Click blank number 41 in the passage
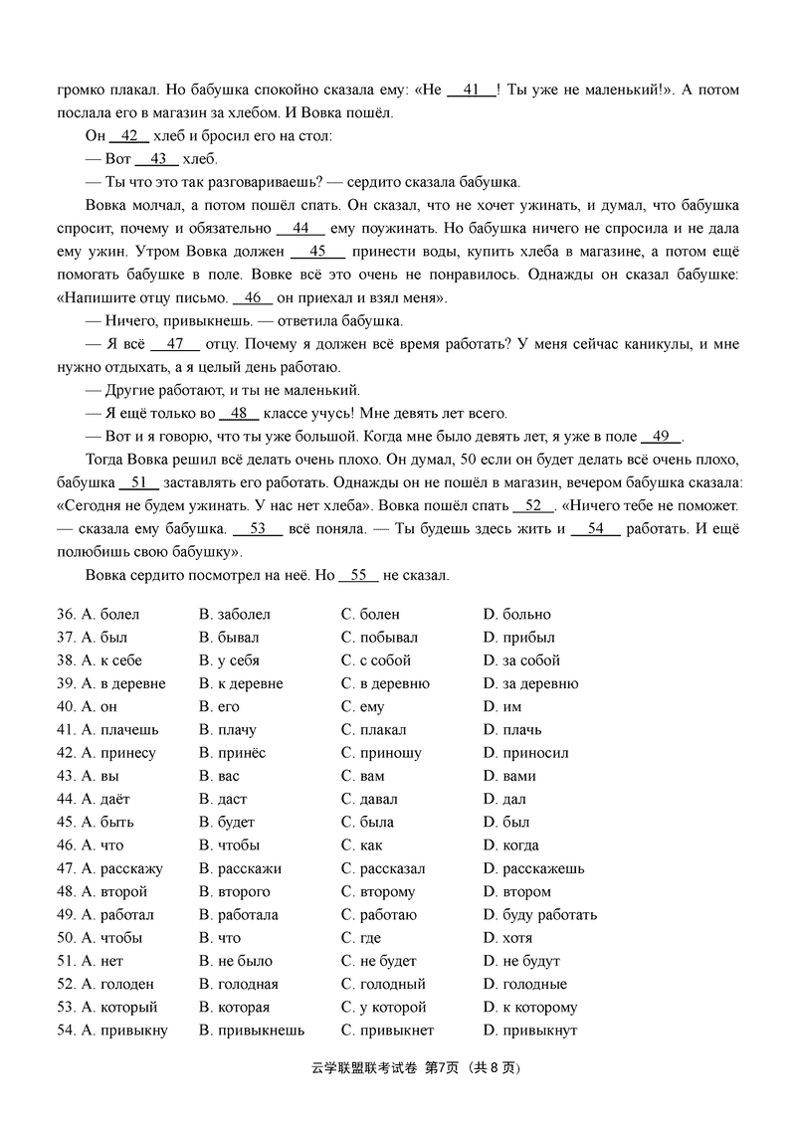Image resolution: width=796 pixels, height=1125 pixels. [472, 90]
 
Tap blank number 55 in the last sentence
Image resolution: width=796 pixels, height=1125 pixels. [359, 575]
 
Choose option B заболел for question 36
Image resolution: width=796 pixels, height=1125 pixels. [235, 614]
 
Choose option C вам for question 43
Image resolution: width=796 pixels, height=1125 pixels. [362, 776]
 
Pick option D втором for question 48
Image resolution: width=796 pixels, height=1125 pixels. [516, 891]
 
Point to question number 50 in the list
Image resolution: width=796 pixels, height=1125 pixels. [66, 938]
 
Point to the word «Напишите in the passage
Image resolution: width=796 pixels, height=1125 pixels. [102, 297]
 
